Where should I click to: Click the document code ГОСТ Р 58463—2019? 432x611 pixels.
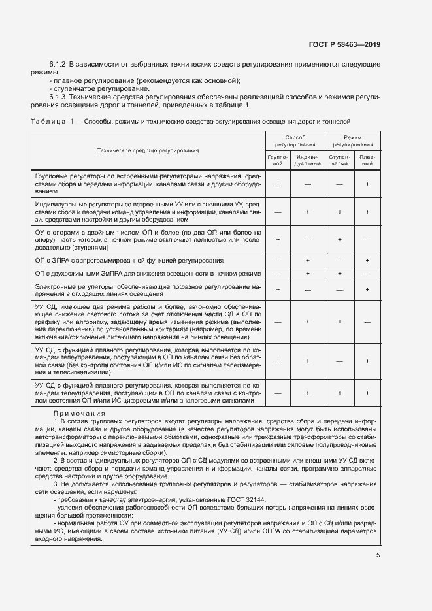tap(344, 44)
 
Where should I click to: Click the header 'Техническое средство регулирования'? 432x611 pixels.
tap(148, 150)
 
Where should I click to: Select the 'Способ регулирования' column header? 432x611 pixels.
tap(295, 140)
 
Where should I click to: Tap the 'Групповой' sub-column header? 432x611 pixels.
tap(278, 160)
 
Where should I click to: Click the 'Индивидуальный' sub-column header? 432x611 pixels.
tap(307, 160)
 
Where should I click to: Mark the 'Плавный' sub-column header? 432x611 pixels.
tap(367, 160)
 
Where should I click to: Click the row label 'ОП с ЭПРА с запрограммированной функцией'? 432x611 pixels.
tap(129, 261)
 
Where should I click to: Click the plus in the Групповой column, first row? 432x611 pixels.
tap(278, 185)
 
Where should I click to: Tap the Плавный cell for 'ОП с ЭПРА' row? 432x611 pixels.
tap(367, 261)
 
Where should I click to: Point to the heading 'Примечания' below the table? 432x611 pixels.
tap(80, 414)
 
